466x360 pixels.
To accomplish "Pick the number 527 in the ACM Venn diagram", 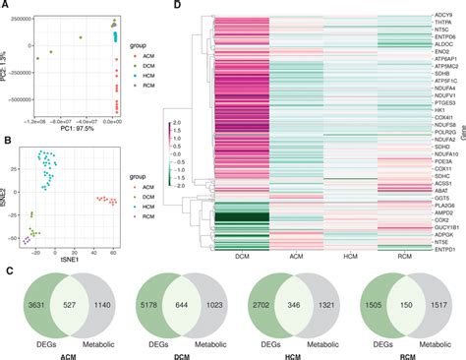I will point(66,292).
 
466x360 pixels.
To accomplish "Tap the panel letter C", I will point(7,254).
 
